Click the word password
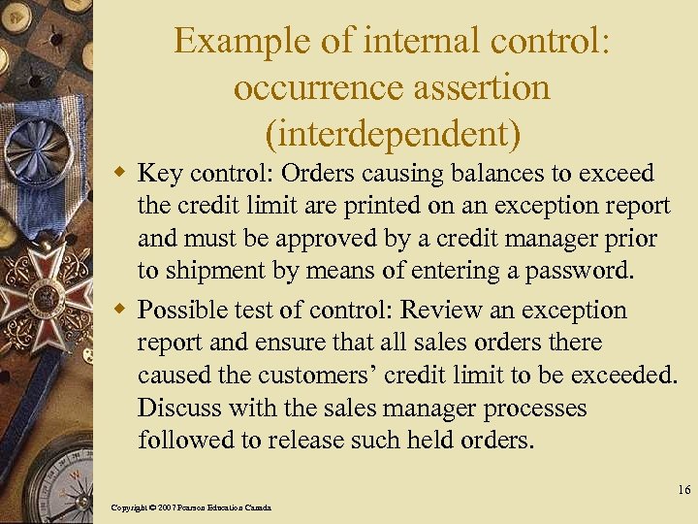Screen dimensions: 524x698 pos(580,271)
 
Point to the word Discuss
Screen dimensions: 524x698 pos(178,408)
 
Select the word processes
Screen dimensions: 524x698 pos(530,408)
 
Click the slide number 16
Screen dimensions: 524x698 pos(683,491)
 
